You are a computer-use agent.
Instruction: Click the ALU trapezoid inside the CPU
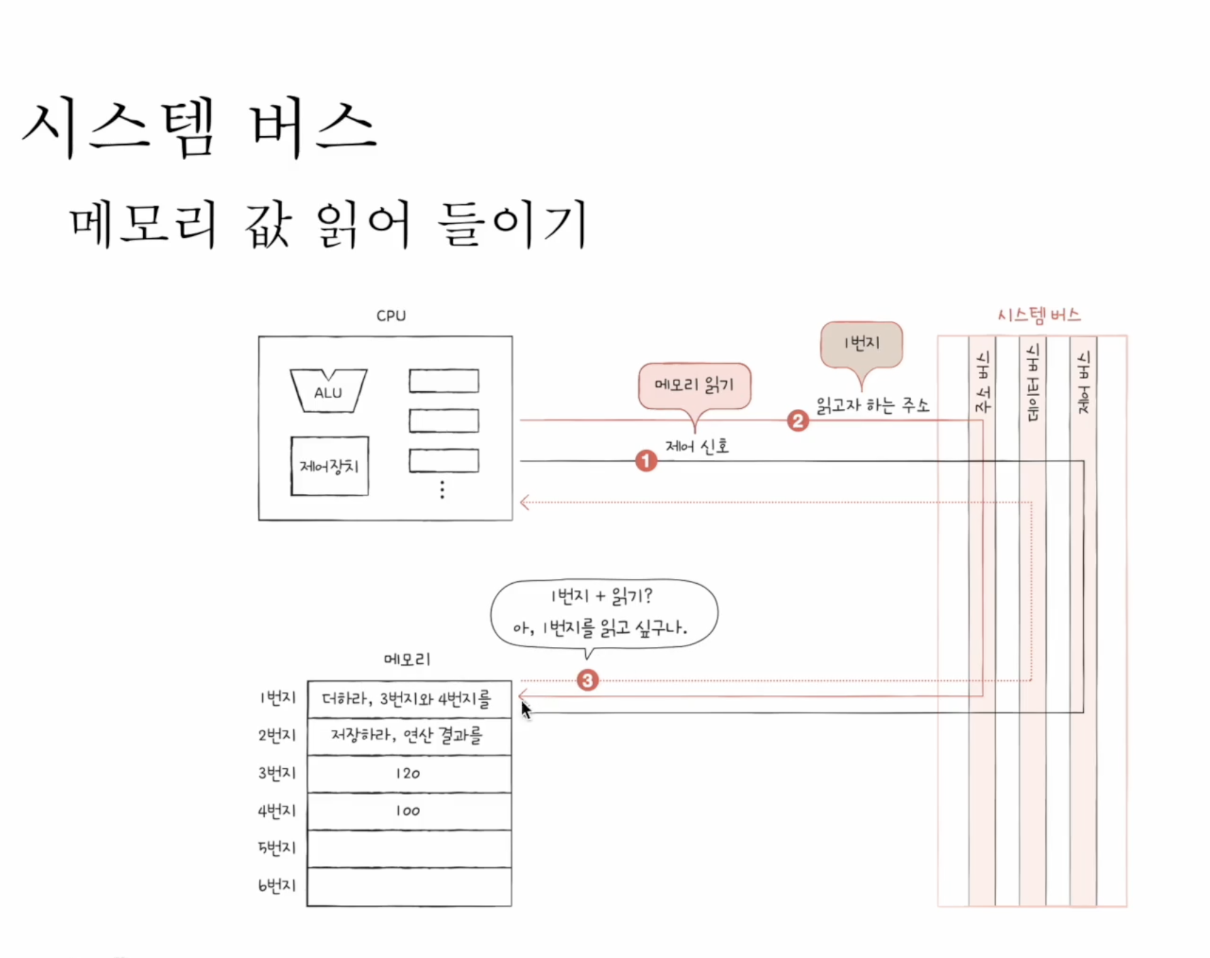coord(328,391)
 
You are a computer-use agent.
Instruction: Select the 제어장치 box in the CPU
coord(329,466)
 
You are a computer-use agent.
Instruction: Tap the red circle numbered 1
coord(645,461)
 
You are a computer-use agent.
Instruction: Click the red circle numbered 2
coord(798,421)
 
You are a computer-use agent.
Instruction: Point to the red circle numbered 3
coord(587,680)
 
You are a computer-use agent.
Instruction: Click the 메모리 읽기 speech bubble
coord(694,385)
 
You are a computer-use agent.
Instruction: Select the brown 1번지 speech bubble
coord(861,344)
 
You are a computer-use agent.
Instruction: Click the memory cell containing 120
coord(409,773)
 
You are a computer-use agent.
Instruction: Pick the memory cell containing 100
coord(409,811)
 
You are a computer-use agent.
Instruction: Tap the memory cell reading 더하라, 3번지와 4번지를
coord(409,699)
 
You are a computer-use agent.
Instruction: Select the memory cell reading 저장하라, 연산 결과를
coord(409,736)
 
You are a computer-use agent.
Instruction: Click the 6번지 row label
coord(277,885)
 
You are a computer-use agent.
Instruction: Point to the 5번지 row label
coord(277,847)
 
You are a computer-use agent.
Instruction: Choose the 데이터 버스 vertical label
coord(1033,383)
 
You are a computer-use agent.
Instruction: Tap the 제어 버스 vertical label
coord(1083,383)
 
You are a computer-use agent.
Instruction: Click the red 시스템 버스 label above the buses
coord(1039,315)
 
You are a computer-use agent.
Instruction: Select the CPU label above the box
coord(391,316)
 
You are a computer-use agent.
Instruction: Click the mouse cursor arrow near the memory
coord(525,710)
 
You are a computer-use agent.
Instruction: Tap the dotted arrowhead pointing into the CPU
coord(525,502)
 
